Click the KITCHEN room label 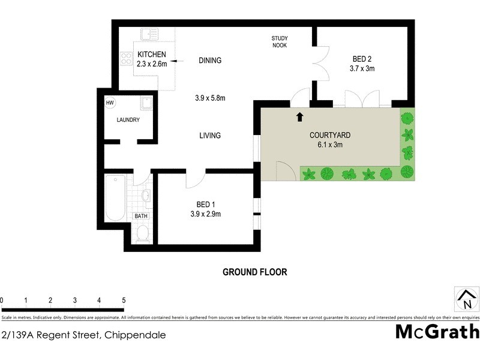click(151, 55)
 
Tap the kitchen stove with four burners click(127, 58)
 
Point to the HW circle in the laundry click(110, 103)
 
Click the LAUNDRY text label click(128, 120)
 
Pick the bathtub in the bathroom click(114, 198)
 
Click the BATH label click(141, 216)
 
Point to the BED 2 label click(362, 59)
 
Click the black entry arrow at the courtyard click(299, 116)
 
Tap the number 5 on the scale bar click(123, 300)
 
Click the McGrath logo click(437, 331)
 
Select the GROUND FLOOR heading click(254, 272)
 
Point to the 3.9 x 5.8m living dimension click(209, 98)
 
